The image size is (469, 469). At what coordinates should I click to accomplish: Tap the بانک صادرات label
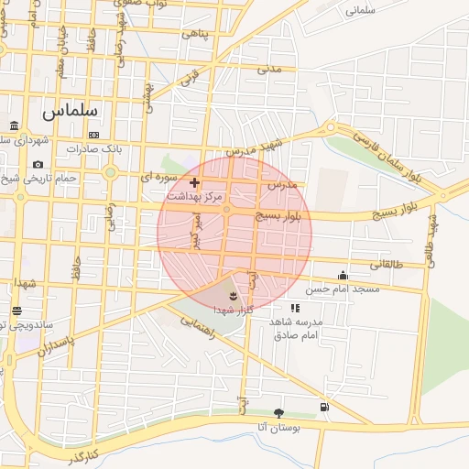click(x=100, y=148)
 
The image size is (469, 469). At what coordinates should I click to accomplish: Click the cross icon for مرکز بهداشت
click(x=194, y=183)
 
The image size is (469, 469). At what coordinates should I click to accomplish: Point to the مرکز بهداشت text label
click(x=194, y=197)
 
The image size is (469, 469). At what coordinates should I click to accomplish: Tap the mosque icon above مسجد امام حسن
click(x=344, y=275)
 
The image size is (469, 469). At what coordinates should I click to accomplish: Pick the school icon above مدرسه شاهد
click(x=295, y=309)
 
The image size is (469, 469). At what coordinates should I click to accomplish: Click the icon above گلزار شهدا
click(x=233, y=296)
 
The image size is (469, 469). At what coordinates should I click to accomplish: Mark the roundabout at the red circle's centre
click(x=227, y=211)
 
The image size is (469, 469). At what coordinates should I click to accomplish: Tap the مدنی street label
click(x=268, y=69)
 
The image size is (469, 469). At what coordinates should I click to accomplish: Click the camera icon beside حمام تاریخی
click(x=38, y=165)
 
